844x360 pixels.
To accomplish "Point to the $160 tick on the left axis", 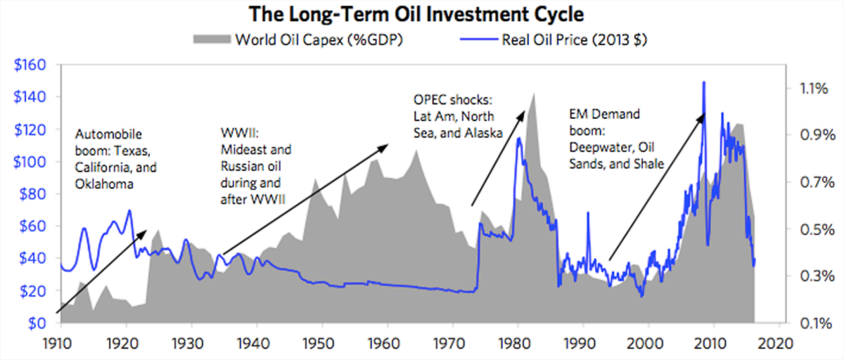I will click(30, 65).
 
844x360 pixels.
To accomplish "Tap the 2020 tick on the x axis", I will click(779, 345).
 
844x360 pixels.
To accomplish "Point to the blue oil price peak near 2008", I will click(704, 82).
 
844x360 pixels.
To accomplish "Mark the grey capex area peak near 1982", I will click(532, 93).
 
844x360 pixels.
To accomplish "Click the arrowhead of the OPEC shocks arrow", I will click(523, 111).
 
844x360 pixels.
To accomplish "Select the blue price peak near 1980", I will click(518, 139).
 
